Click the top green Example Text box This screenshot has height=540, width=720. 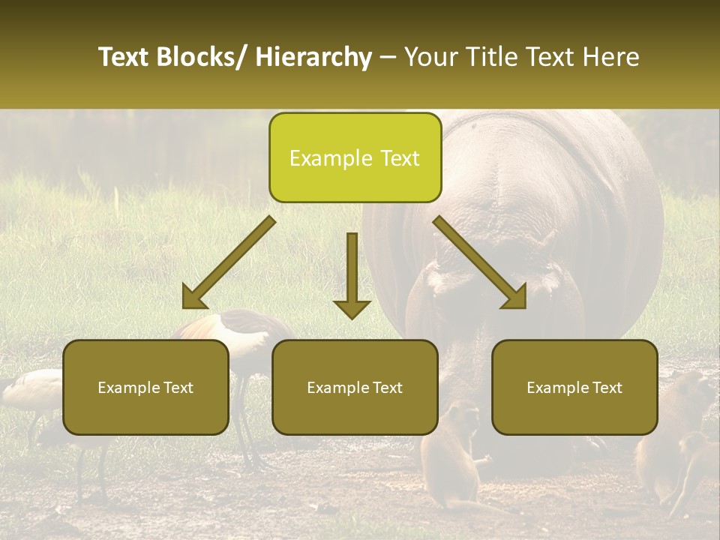point(355,157)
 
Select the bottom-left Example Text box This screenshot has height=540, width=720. point(145,387)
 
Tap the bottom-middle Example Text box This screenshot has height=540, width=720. point(355,387)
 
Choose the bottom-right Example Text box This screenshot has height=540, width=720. point(574,387)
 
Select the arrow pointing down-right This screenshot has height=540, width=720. point(481,264)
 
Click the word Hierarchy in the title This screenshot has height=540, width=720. point(313,57)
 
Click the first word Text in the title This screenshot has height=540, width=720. point(124,57)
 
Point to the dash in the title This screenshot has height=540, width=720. point(388,57)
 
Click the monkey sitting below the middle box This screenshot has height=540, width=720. point(454,457)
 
